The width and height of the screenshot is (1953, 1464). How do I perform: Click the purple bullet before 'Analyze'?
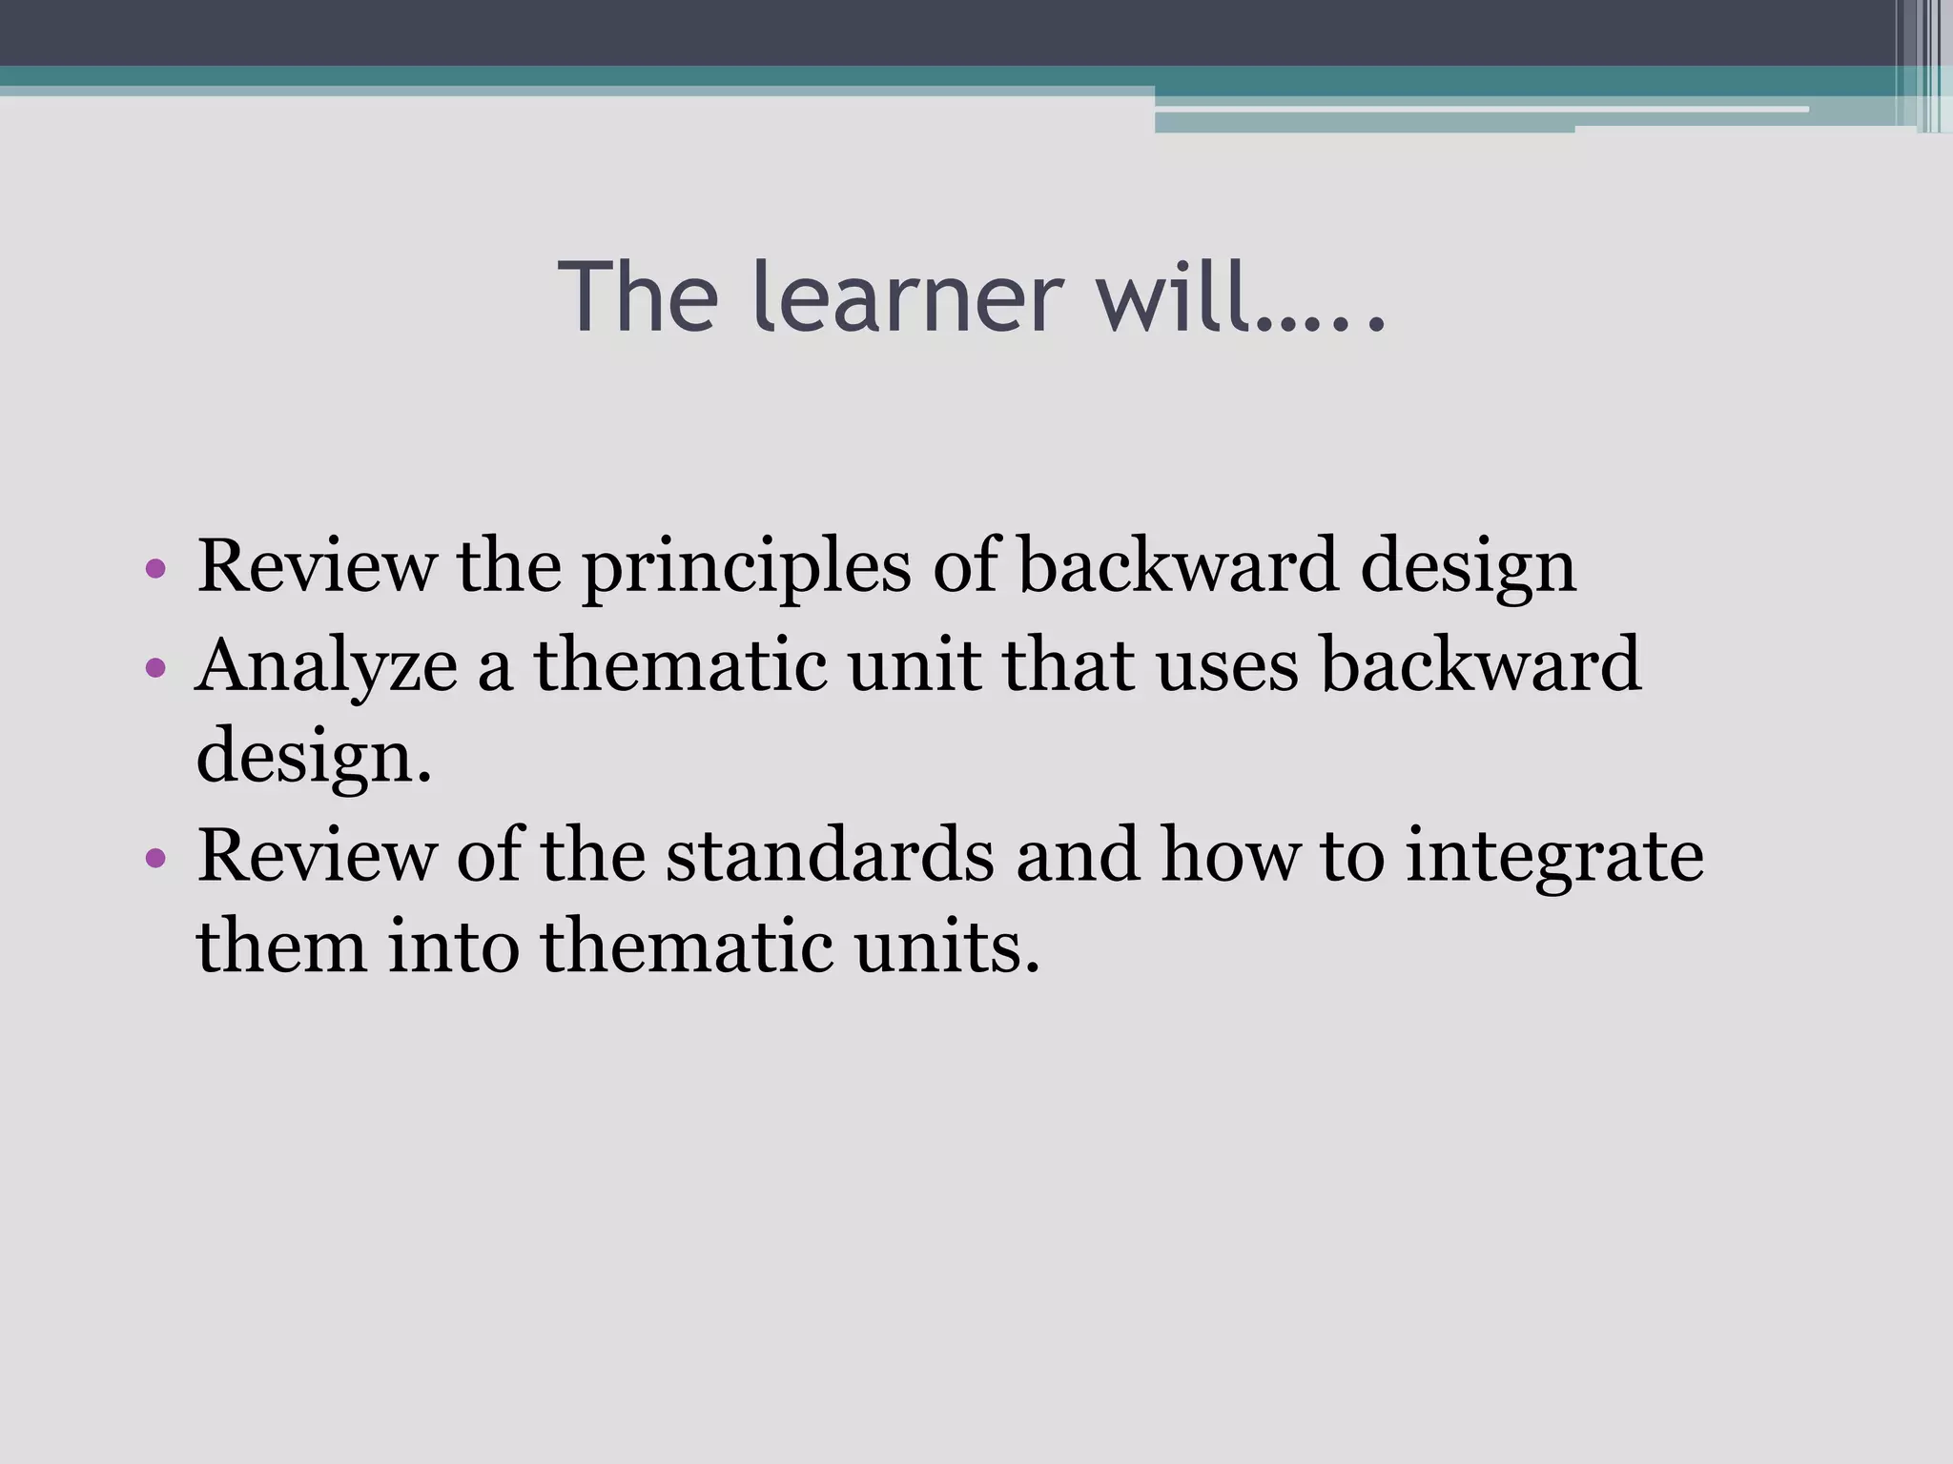point(156,667)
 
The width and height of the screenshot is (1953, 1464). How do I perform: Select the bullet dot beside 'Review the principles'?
point(156,570)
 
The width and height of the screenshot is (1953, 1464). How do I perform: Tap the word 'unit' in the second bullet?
point(914,664)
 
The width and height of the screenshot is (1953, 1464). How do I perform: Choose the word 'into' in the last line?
point(453,946)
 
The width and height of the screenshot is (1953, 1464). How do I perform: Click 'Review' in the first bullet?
point(316,566)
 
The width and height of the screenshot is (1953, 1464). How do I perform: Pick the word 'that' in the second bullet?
point(1068,664)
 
